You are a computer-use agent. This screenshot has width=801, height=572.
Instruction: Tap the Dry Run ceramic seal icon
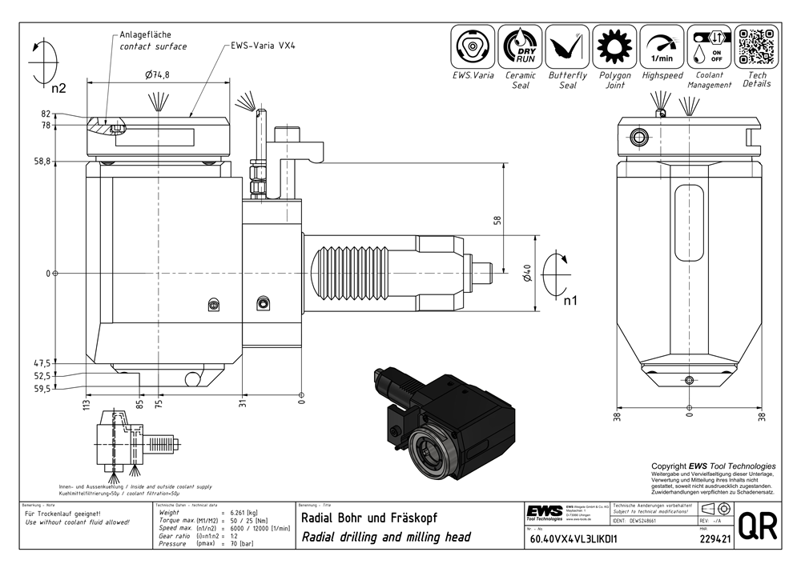point(521,46)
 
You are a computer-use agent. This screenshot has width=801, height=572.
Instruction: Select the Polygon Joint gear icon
point(615,46)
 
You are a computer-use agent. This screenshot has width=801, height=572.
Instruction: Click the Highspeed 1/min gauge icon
point(662,46)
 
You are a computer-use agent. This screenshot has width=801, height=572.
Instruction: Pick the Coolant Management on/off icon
point(709,46)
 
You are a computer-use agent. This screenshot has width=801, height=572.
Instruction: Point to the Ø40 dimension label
point(526,274)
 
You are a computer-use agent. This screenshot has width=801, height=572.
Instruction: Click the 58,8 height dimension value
point(65,162)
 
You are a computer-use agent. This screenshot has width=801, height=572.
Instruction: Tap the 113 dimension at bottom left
point(87,406)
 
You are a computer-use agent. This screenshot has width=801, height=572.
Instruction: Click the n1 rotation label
point(570,302)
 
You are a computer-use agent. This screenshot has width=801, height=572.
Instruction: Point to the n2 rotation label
point(58,88)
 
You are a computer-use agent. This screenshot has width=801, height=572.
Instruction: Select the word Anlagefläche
point(145,34)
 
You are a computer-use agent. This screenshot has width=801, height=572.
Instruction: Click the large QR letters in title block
point(757,528)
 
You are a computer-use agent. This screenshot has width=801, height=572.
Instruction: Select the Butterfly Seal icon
point(568,46)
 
